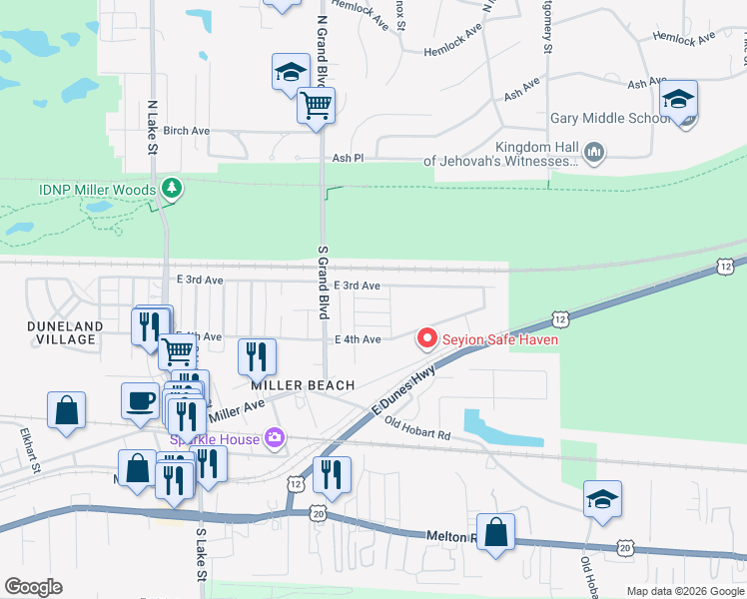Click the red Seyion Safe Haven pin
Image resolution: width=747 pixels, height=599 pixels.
[x=427, y=338]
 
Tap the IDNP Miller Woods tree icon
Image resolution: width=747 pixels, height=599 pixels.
[x=172, y=189]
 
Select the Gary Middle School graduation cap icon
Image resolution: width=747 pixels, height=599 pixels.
[x=678, y=101]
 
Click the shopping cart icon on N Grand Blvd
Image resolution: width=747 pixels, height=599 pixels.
[x=316, y=105]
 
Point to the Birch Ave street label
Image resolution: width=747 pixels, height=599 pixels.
[x=187, y=131]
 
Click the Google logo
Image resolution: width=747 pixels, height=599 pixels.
[x=33, y=587]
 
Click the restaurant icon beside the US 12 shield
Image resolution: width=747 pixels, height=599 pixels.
[x=332, y=475]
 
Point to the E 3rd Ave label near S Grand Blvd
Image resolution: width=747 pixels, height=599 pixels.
[x=357, y=286]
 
